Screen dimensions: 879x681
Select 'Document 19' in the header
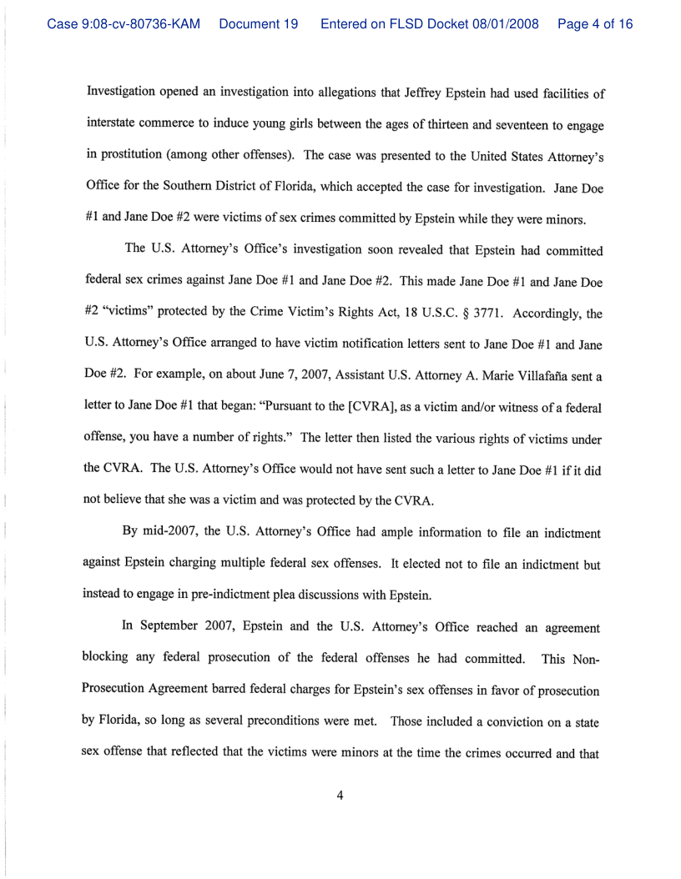[259, 24]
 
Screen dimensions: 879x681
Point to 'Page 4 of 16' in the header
[595, 24]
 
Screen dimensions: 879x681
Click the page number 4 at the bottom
[340, 796]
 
